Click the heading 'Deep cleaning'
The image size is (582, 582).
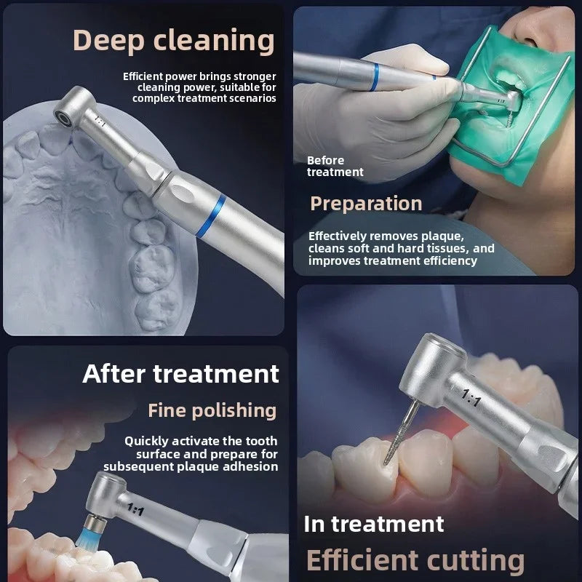(174, 41)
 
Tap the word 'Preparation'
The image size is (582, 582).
(366, 204)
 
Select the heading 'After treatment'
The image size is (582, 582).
(180, 373)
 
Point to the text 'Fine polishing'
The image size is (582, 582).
(212, 410)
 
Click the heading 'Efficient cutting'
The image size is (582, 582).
(415, 560)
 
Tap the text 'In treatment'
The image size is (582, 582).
(374, 524)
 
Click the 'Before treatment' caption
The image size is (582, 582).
(335, 167)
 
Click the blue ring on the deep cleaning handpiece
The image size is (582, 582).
(211, 216)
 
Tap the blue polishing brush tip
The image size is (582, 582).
(88, 532)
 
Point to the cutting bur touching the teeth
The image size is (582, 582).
(402, 433)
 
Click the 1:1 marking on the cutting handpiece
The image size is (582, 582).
(471, 398)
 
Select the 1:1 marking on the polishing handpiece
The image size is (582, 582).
(135, 509)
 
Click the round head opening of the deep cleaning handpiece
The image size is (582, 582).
(63, 117)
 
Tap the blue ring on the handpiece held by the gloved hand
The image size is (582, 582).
(375, 77)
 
